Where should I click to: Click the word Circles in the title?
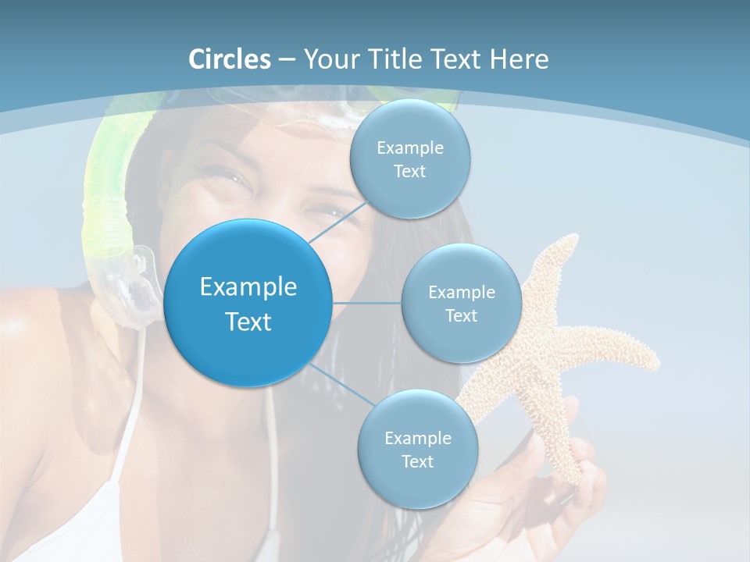tap(230, 59)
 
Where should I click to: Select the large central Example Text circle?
tap(248, 304)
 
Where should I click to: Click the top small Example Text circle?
tap(409, 159)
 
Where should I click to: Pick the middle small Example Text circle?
tap(461, 304)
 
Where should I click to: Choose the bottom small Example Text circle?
tap(417, 450)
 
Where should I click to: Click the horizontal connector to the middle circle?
tap(366, 303)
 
